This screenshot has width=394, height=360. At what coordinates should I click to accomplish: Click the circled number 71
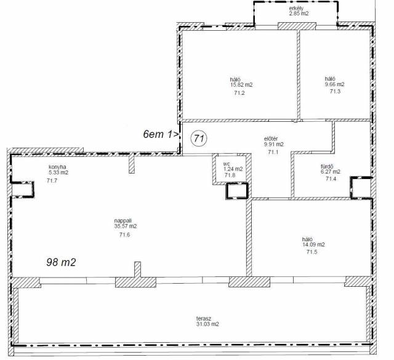click(199, 138)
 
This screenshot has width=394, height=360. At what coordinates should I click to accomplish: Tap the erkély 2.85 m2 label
click(298, 11)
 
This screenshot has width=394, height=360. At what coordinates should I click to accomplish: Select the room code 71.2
click(239, 93)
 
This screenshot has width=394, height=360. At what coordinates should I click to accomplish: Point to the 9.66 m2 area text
click(334, 84)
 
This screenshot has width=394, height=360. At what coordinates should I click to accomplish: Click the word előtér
click(271, 138)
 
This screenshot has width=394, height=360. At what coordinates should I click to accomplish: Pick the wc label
click(227, 164)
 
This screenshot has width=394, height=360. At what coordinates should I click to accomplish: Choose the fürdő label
click(327, 166)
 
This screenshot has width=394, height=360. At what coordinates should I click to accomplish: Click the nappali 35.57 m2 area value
click(126, 226)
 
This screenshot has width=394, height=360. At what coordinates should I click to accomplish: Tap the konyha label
click(57, 167)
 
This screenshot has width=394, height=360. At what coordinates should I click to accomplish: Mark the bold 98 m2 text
click(61, 262)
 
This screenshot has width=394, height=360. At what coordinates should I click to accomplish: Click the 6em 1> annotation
click(161, 134)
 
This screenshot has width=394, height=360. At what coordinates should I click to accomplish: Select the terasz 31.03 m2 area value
click(207, 324)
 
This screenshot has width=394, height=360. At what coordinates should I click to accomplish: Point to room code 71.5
click(312, 252)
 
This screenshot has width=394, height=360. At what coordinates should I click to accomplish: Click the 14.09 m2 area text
click(313, 244)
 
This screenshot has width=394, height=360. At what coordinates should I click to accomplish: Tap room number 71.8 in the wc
click(230, 175)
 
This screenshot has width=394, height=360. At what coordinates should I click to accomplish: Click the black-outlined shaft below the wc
click(237, 191)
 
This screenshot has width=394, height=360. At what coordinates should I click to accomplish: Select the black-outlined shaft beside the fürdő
click(361, 188)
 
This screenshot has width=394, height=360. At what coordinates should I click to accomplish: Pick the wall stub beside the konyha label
click(132, 164)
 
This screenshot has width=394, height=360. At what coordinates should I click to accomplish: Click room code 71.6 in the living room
click(124, 235)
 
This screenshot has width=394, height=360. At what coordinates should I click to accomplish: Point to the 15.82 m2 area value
click(241, 85)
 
